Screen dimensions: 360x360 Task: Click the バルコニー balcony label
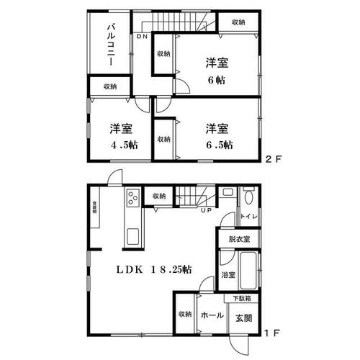point(113,45)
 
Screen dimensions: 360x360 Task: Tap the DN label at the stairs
point(143,36)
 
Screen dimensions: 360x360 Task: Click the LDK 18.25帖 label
point(156,270)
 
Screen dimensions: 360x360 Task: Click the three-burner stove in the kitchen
point(132,195)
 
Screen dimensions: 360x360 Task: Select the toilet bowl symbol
point(248,195)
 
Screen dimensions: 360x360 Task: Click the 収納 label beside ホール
point(184,315)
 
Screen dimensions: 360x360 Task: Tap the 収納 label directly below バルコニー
point(109,86)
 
